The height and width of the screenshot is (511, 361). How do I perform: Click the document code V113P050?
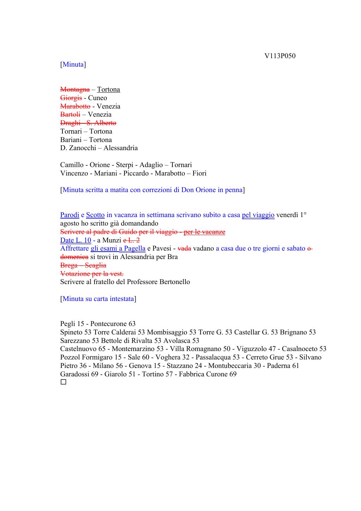point(280,56)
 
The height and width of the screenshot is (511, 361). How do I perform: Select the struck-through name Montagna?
point(75,90)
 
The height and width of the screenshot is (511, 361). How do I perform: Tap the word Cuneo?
point(98,98)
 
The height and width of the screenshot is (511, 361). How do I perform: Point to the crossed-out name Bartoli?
point(70,115)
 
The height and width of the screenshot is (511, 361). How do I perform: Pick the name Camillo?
point(72,165)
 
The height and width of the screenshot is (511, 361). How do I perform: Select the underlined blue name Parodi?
point(69,215)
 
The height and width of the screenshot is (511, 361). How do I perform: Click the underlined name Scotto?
point(95,215)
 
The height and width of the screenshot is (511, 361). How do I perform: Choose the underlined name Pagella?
point(135,248)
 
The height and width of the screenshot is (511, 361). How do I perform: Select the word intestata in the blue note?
point(122,299)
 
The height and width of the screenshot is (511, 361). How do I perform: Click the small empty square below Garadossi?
point(63,382)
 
